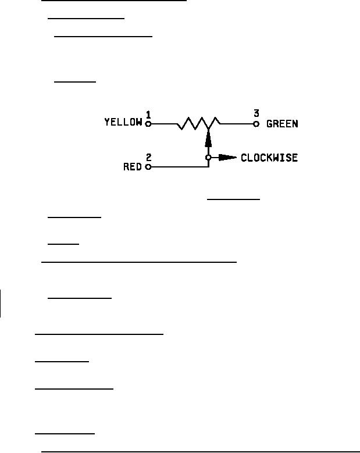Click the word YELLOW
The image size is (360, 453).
click(123, 122)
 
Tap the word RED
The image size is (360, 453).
click(133, 167)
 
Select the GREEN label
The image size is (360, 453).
click(282, 123)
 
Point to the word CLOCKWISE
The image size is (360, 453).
click(269, 158)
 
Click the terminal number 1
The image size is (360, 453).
click(149, 114)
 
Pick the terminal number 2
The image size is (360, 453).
click(149, 157)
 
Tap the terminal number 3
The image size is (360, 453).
click(256, 113)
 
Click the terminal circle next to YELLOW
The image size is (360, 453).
click(148, 123)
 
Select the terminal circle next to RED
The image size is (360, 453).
click(148, 167)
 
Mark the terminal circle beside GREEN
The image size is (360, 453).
click(256, 123)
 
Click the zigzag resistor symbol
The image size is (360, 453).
click(198, 123)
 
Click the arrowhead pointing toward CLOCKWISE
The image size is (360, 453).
click(227, 158)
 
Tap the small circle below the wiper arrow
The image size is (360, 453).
click(208, 158)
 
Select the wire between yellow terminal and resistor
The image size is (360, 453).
click(164, 123)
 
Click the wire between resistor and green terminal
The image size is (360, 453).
click(236, 123)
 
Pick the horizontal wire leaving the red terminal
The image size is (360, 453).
click(178, 167)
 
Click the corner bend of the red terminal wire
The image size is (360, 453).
click(208, 167)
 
